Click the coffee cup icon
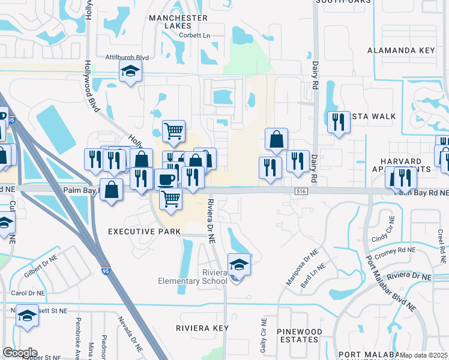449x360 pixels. [x=166, y=178]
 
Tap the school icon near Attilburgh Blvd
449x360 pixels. [x=130, y=71]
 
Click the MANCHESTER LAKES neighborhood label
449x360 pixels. [x=178, y=22]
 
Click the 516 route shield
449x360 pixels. [x=301, y=190]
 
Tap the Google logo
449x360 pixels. [x=20, y=353]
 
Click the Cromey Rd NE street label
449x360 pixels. [x=394, y=250]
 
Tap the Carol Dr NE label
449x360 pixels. [x=28, y=293]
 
